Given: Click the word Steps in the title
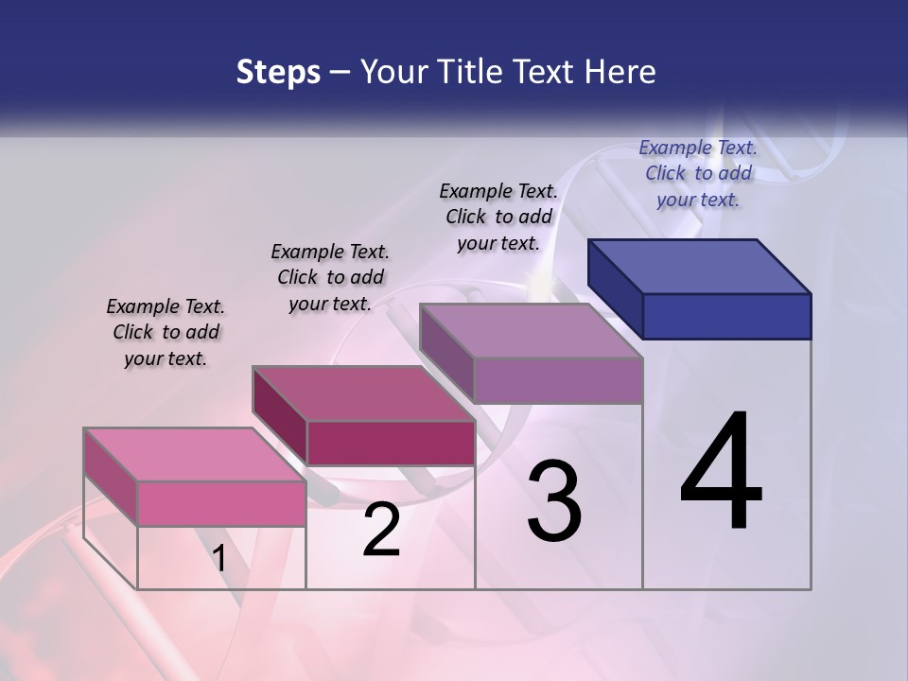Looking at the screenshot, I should click(x=278, y=72).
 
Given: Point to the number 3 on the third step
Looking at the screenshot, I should click(x=554, y=502).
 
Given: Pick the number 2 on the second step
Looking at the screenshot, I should click(x=382, y=531).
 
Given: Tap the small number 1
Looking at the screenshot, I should click(x=219, y=559).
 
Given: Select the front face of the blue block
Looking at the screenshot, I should click(x=726, y=316).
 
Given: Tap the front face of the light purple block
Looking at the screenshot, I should click(x=558, y=380).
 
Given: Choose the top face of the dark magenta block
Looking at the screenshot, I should click(x=363, y=393).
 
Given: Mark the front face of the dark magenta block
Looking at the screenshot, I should click(x=390, y=443).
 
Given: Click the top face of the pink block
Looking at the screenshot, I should click(x=195, y=455).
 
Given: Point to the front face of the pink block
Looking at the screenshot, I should click(x=221, y=503).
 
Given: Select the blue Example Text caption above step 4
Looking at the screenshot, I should click(x=698, y=173).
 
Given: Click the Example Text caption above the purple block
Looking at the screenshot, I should click(x=498, y=217).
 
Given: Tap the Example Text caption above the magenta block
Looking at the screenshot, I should click(x=330, y=277).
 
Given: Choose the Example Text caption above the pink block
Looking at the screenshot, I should click(x=166, y=332).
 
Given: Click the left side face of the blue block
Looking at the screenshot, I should click(x=616, y=288).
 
